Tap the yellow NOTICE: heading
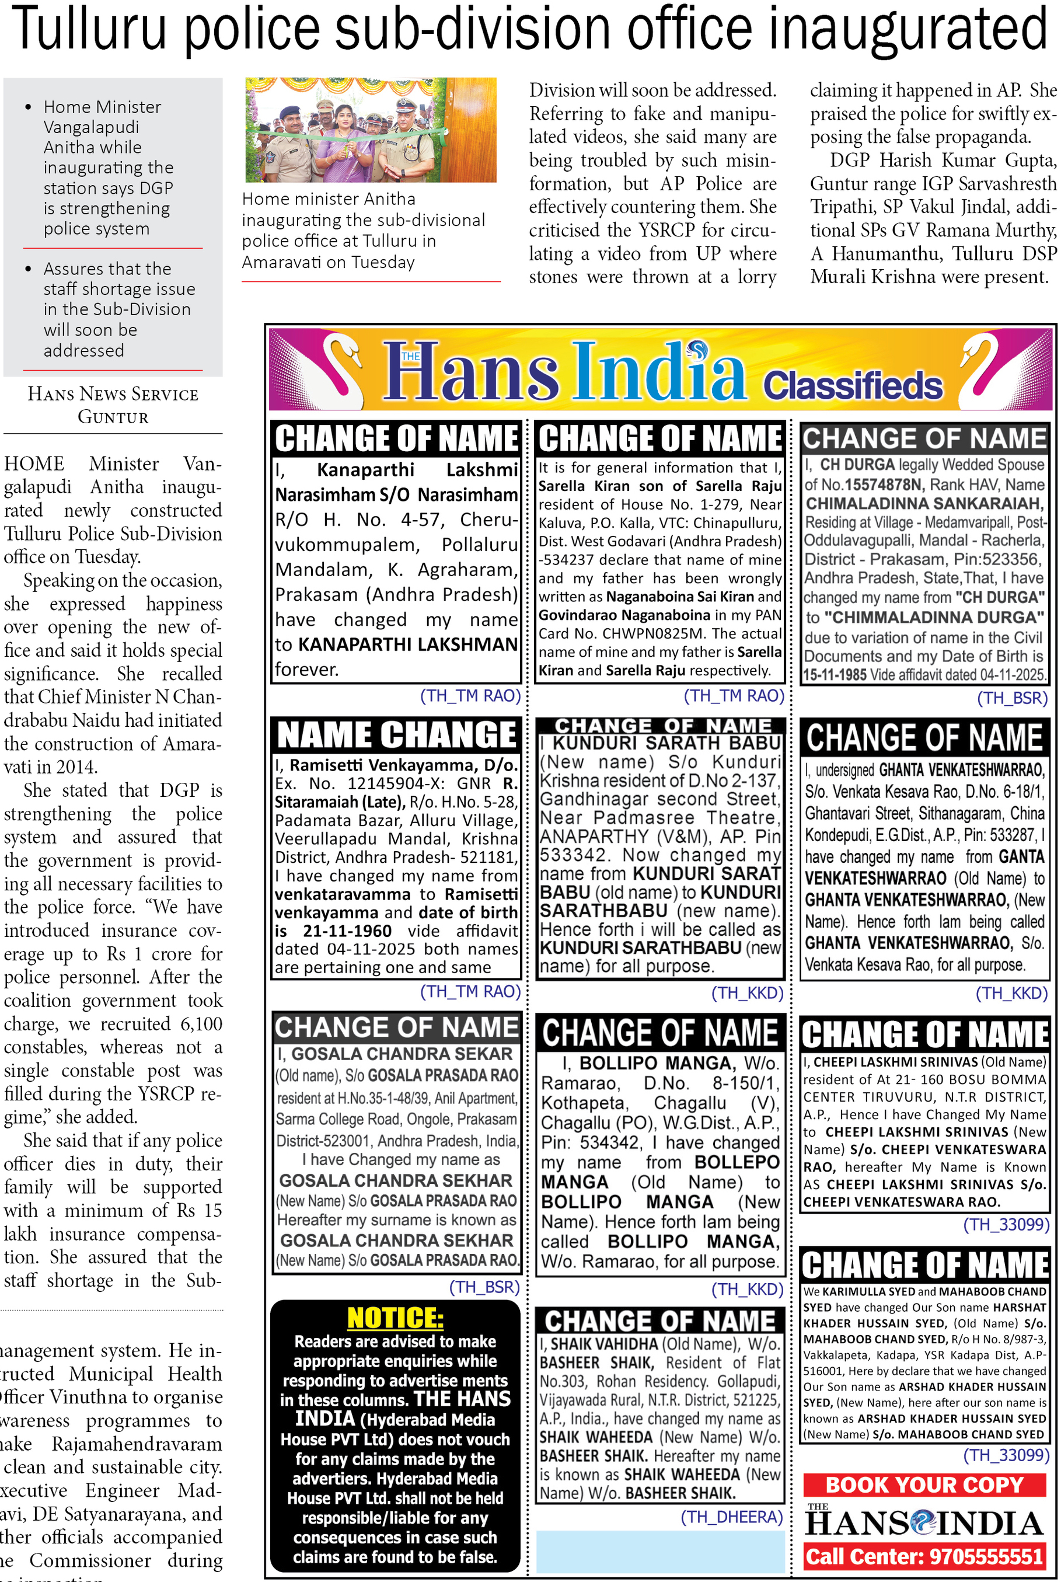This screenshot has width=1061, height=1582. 395,1318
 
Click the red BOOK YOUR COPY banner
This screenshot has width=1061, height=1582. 924,1485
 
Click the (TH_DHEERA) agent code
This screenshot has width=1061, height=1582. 731,1517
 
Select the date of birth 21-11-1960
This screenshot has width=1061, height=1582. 347,931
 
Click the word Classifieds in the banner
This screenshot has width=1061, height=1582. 853,385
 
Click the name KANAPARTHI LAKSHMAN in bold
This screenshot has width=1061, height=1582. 408,644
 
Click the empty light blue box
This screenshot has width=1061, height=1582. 661,1552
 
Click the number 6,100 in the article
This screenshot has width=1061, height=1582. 201,1024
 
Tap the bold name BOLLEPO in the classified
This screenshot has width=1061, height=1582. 737,1162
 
